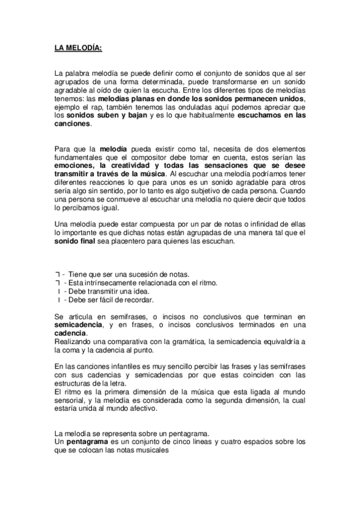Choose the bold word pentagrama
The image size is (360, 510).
(x=88, y=441)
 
